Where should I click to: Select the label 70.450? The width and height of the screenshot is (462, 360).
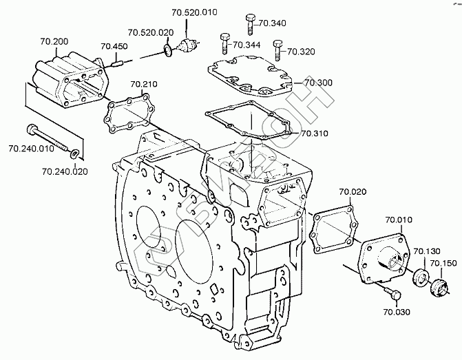point(114,47)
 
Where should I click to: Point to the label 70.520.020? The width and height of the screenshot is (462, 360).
point(150,32)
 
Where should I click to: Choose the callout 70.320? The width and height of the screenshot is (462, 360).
point(300,51)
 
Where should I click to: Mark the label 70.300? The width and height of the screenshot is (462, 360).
point(318,83)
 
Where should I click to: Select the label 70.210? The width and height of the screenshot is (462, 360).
point(144,85)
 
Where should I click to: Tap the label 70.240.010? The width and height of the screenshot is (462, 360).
point(30,148)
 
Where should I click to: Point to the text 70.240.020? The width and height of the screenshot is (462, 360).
point(65,171)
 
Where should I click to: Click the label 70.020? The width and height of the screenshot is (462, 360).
point(352,191)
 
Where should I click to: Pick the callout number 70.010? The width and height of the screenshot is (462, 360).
point(399,220)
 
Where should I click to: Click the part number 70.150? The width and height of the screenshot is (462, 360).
point(443,263)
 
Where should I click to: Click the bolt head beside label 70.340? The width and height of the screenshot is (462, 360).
point(248,19)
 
